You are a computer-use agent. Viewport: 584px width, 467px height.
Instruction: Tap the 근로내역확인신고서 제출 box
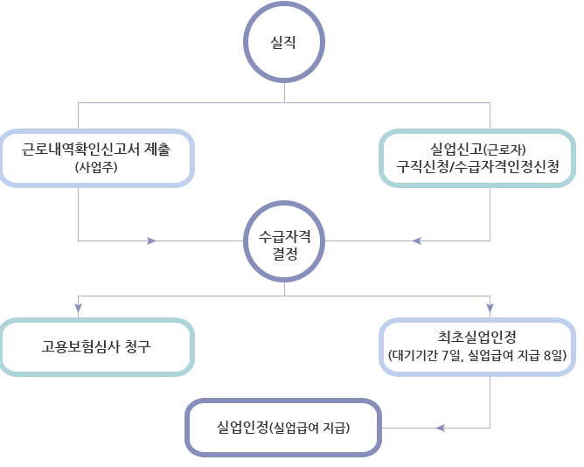click(97, 157)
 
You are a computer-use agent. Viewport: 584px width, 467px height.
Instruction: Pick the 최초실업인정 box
click(477, 345)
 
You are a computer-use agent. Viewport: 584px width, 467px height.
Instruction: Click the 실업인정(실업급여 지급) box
click(284, 428)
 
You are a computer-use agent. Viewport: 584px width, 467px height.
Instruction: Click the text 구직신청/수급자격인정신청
click(477, 166)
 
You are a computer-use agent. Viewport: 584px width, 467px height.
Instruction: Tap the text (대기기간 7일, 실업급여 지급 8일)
click(477, 355)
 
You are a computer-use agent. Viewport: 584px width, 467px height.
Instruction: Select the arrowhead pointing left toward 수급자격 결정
click(416, 240)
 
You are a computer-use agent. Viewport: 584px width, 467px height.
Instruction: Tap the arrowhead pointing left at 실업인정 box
click(440, 428)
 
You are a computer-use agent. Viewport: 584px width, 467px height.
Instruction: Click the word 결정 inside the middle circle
click(284, 255)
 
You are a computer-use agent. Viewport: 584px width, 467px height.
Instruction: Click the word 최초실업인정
click(477, 336)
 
